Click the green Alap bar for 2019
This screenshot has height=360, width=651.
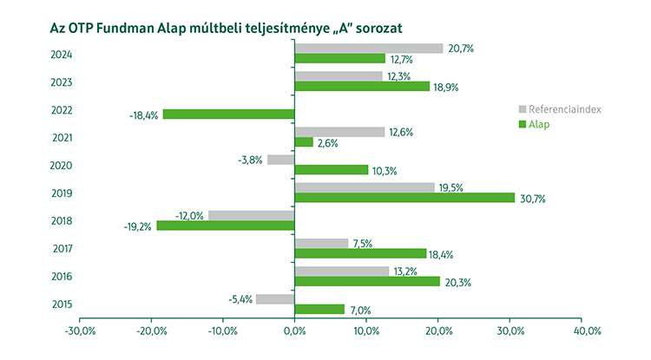pos(404,198)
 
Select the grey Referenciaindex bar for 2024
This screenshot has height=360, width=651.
pos(369,49)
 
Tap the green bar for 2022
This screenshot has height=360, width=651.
pos(228,115)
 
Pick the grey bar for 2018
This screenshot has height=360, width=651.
pos(252,215)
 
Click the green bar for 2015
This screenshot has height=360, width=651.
pos(319,310)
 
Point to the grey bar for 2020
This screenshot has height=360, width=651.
pos(281,160)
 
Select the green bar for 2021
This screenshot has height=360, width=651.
pos(304,142)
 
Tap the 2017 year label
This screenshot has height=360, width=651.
pos(62,249)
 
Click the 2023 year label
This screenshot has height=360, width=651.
pos(62,83)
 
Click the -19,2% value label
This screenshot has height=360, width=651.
pos(139,226)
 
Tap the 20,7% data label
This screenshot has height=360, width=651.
pos(461,49)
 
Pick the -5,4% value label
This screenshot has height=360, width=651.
pos(239,299)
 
